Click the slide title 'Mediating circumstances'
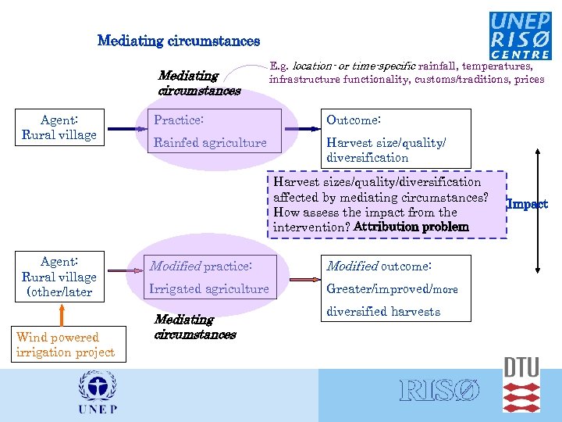[x=179, y=40]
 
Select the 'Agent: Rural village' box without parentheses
[x=59, y=128]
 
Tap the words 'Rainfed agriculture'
[x=210, y=143]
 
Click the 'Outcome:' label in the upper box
[x=354, y=120]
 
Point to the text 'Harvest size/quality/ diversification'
[x=386, y=150]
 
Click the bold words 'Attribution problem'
[x=411, y=227]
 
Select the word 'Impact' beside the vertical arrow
[x=528, y=204]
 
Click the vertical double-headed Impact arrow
[x=535, y=211]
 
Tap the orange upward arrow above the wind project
[x=59, y=313]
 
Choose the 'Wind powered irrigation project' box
[x=65, y=345]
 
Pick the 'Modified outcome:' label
[x=379, y=266]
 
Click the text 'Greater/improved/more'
[x=393, y=288]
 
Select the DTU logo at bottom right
[x=521, y=384]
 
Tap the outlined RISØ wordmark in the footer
[x=440, y=391]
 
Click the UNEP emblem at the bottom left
[x=98, y=392]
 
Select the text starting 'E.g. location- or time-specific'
[x=406, y=73]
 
